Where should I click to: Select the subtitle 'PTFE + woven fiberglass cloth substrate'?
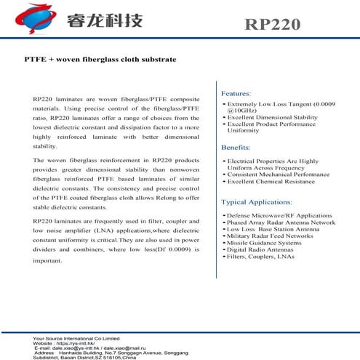(100, 59)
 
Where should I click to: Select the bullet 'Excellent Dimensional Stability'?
(272, 117)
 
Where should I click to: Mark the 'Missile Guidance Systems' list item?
(262, 242)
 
